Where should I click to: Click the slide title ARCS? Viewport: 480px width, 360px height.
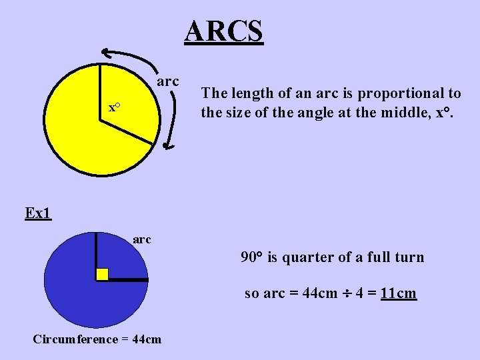[224, 31]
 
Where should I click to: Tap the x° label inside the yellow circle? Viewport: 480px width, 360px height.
[114, 107]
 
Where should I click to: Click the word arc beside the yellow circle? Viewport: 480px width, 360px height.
[167, 81]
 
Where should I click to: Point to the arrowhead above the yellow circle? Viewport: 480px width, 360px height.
[107, 53]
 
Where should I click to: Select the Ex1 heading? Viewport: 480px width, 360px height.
[38, 213]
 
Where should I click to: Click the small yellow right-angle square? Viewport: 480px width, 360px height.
[102, 274]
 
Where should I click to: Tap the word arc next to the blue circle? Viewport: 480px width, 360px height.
[142, 239]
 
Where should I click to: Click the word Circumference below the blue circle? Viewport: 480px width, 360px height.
[75, 339]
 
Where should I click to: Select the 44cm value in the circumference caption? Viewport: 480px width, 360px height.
[147, 339]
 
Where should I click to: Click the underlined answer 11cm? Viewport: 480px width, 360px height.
[398, 293]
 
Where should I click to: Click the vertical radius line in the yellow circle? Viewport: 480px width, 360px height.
[100, 92]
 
